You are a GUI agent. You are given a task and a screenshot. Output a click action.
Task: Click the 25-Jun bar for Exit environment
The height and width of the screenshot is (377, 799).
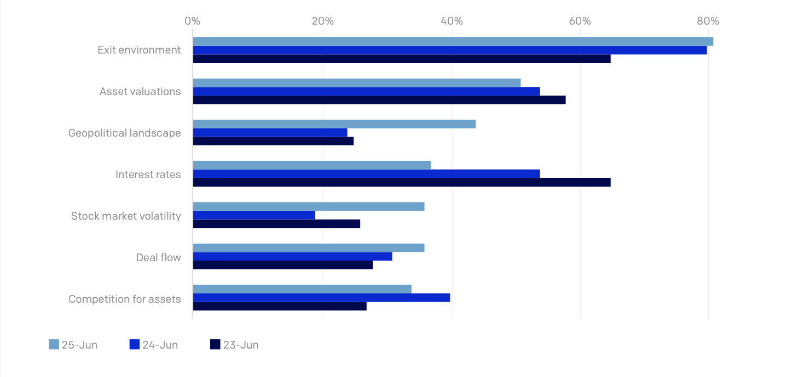[x=453, y=42]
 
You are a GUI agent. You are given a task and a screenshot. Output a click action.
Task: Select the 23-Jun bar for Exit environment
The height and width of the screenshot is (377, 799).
[x=402, y=59]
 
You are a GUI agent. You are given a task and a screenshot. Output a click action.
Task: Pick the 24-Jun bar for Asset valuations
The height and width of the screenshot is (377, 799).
[x=366, y=91]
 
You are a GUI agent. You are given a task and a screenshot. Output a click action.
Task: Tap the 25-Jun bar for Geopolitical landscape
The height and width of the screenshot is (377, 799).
[x=334, y=124]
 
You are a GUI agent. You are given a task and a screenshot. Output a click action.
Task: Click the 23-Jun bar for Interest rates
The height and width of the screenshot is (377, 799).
[x=402, y=182]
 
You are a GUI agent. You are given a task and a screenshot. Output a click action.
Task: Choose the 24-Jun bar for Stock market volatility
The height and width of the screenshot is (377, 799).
[x=254, y=215]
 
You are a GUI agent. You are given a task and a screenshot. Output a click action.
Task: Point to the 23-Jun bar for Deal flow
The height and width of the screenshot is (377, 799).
[x=283, y=265]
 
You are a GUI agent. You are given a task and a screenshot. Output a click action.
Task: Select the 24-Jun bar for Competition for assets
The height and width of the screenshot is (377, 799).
[x=321, y=298]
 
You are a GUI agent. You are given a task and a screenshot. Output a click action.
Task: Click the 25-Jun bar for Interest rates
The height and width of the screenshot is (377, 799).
[x=312, y=166]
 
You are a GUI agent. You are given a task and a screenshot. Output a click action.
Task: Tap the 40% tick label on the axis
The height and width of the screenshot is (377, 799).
[x=451, y=21]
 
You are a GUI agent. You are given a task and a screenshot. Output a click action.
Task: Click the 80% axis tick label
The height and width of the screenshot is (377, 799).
[x=708, y=21]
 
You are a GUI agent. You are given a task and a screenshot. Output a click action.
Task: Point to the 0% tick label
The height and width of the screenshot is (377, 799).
[x=192, y=21]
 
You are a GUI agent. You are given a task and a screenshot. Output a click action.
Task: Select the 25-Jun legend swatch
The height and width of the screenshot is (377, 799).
[x=54, y=345]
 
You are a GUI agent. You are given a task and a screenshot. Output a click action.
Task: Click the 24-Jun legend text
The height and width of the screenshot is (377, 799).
[x=160, y=345]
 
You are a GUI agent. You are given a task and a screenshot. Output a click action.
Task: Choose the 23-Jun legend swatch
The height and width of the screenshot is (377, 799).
[x=215, y=345]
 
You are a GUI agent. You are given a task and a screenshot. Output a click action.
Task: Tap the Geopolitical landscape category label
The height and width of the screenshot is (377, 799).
[x=124, y=133]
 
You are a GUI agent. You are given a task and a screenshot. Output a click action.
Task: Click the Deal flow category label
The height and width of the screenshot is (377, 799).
[x=158, y=257]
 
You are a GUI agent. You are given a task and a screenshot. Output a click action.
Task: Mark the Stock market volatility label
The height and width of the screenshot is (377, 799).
[x=126, y=216]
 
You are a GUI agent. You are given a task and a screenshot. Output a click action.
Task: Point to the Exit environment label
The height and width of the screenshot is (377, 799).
[x=139, y=50]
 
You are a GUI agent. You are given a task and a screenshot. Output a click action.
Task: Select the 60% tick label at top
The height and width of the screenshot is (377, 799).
[x=580, y=21]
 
